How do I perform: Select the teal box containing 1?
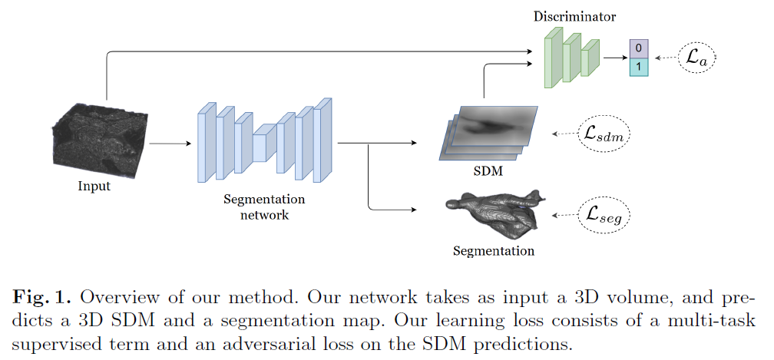[639, 67]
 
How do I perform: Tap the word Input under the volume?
[94, 187]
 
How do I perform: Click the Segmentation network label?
[263, 207]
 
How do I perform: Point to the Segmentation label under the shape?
[493, 251]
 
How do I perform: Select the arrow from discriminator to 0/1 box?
[614, 58]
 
